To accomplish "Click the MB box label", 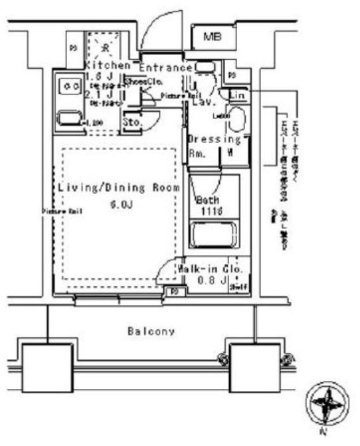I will [212, 37].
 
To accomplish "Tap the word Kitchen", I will [107, 66].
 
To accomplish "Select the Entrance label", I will [165, 67].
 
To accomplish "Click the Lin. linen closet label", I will [237, 96].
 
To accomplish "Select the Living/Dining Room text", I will [118, 189].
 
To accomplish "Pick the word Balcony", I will [152, 330].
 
